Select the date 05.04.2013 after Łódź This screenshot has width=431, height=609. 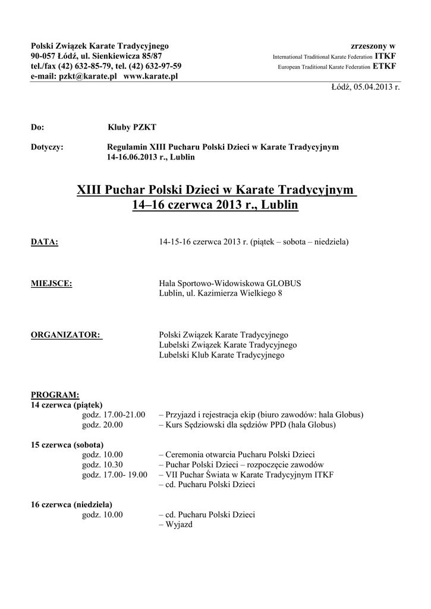tap(373, 87)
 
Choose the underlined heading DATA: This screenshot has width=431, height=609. tap(45, 242)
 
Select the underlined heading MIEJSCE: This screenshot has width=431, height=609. tap(51, 284)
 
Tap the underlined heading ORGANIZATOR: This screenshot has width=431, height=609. tap(66, 335)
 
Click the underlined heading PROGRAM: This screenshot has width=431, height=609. tap(55, 395)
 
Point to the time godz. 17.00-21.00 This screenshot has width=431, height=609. tap(114, 415)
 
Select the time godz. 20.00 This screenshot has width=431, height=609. tap(102, 425)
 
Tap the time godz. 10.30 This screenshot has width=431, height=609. tap(102, 464)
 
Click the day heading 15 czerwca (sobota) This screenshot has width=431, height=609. tap(67, 445)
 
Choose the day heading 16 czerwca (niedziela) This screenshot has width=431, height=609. tap(71, 505)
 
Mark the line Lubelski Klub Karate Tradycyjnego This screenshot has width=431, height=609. tap(222, 355)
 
